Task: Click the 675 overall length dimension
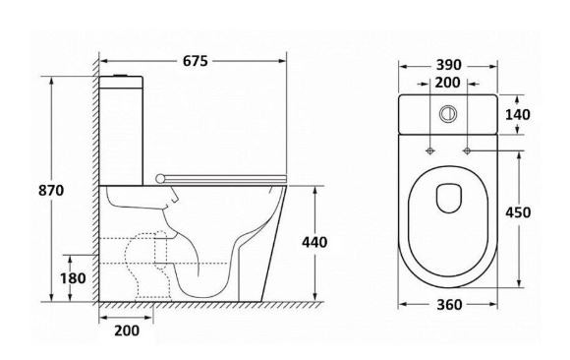coord(196,61)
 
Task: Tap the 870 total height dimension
coord(51,191)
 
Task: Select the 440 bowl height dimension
coord(314,242)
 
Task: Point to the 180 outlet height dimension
coord(73,278)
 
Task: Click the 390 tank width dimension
coord(448,65)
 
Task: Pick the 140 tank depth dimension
coord(518,115)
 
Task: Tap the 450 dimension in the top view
coord(518,212)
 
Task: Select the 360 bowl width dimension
coord(449,305)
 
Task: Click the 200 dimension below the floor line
coord(127,330)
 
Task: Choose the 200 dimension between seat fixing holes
coord(447,83)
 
